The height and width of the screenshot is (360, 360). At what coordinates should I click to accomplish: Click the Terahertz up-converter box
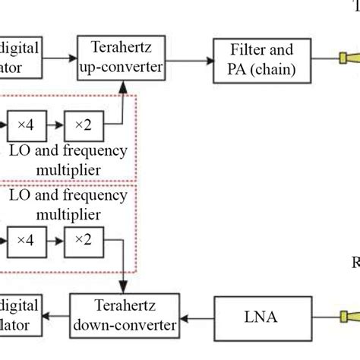pos(122,58)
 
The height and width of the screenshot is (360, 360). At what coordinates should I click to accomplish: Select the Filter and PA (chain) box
pos(260,58)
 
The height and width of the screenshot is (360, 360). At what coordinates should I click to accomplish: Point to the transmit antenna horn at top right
pos(350,58)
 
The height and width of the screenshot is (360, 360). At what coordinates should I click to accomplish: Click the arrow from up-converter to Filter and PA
pos(190,58)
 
